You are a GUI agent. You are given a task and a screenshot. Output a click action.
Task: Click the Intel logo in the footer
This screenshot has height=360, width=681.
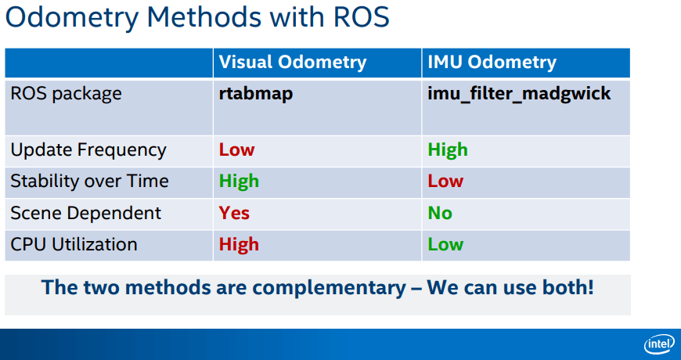[659, 345]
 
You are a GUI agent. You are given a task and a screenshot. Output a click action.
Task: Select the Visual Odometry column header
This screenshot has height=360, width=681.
[293, 62]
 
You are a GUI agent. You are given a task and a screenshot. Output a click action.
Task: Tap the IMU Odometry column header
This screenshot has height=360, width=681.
[492, 62]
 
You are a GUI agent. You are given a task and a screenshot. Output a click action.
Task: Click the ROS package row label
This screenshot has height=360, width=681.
[66, 94]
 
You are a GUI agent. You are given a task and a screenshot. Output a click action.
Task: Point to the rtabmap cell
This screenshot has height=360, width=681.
[256, 94]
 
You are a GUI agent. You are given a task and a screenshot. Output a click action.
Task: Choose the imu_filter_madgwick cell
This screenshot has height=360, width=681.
[520, 94]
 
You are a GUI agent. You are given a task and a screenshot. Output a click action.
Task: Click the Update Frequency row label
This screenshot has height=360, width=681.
[88, 150]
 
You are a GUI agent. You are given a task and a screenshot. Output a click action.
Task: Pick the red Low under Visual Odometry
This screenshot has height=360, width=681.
[236, 149]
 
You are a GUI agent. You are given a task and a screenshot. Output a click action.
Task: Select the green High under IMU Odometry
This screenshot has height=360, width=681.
[448, 149]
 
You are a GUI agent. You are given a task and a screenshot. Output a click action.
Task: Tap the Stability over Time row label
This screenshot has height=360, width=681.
[89, 181]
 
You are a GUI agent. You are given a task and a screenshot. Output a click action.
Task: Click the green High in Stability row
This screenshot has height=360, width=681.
[239, 181]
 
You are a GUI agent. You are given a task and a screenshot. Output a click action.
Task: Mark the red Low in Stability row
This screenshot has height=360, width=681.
[445, 181]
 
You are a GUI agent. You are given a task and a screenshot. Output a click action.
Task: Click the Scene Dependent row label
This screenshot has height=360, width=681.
[85, 213]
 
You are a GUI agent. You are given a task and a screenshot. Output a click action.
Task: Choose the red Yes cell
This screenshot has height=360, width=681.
[234, 213]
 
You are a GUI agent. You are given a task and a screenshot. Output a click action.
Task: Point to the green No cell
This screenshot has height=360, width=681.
[440, 213]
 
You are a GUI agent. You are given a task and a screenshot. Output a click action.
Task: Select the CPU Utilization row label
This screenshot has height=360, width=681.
[74, 244]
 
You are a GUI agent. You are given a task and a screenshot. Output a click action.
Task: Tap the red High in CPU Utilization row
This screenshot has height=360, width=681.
[239, 244]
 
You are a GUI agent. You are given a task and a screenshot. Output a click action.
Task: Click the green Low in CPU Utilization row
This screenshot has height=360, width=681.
[445, 244]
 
